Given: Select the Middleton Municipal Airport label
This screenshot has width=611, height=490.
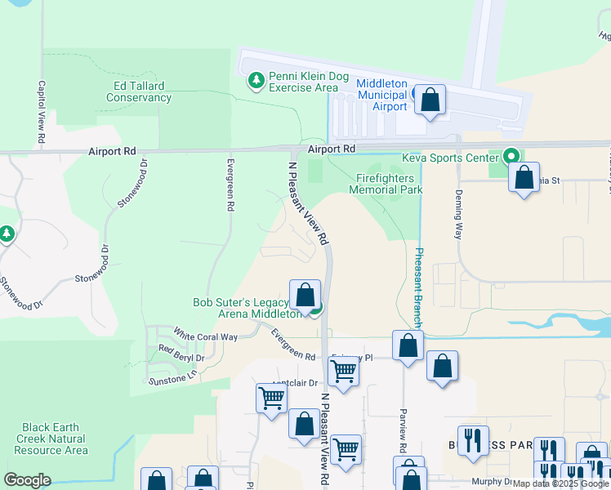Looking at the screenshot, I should (x=381, y=95).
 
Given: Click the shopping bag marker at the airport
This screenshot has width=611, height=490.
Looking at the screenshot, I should (x=430, y=100).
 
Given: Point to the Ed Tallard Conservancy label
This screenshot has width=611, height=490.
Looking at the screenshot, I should (x=139, y=91).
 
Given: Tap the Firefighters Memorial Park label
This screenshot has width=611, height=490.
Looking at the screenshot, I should (x=385, y=184).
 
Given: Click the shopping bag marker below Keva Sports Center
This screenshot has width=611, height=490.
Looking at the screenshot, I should (x=524, y=178).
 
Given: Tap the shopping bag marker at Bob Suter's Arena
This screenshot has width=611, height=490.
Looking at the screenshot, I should (x=305, y=295).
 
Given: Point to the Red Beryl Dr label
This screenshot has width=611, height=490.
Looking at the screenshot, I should (x=181, y=357).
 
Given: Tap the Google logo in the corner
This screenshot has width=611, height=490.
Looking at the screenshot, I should (x=28, y=480).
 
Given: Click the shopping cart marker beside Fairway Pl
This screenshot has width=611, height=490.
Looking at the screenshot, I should (x=344, y=372).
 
